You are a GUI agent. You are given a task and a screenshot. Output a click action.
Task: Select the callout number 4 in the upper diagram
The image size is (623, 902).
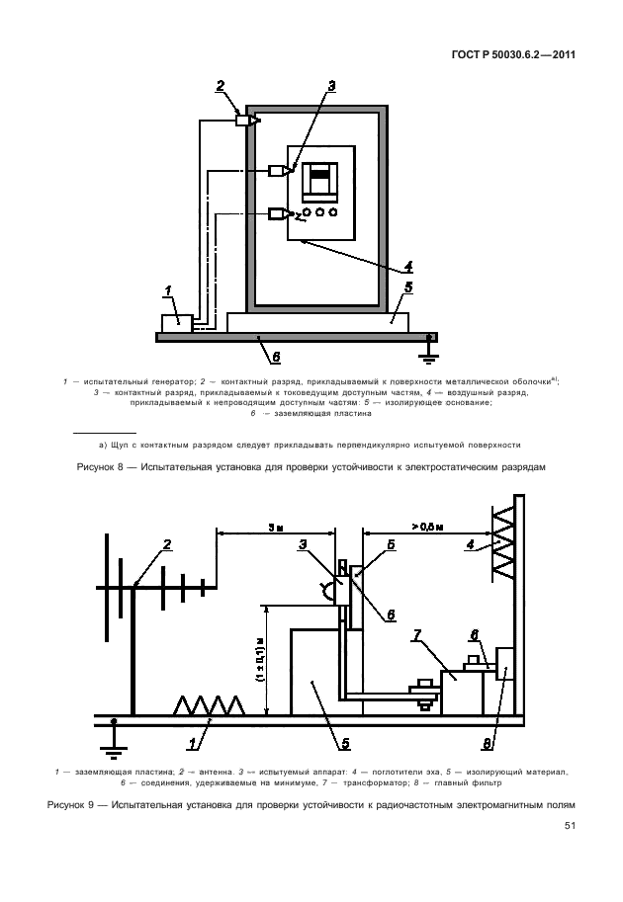(x=407, y=265)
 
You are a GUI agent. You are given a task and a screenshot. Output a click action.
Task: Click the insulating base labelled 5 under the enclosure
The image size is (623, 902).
(x=316, y=320)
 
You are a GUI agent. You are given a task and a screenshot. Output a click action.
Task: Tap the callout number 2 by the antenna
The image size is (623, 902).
(x=167, y=544)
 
